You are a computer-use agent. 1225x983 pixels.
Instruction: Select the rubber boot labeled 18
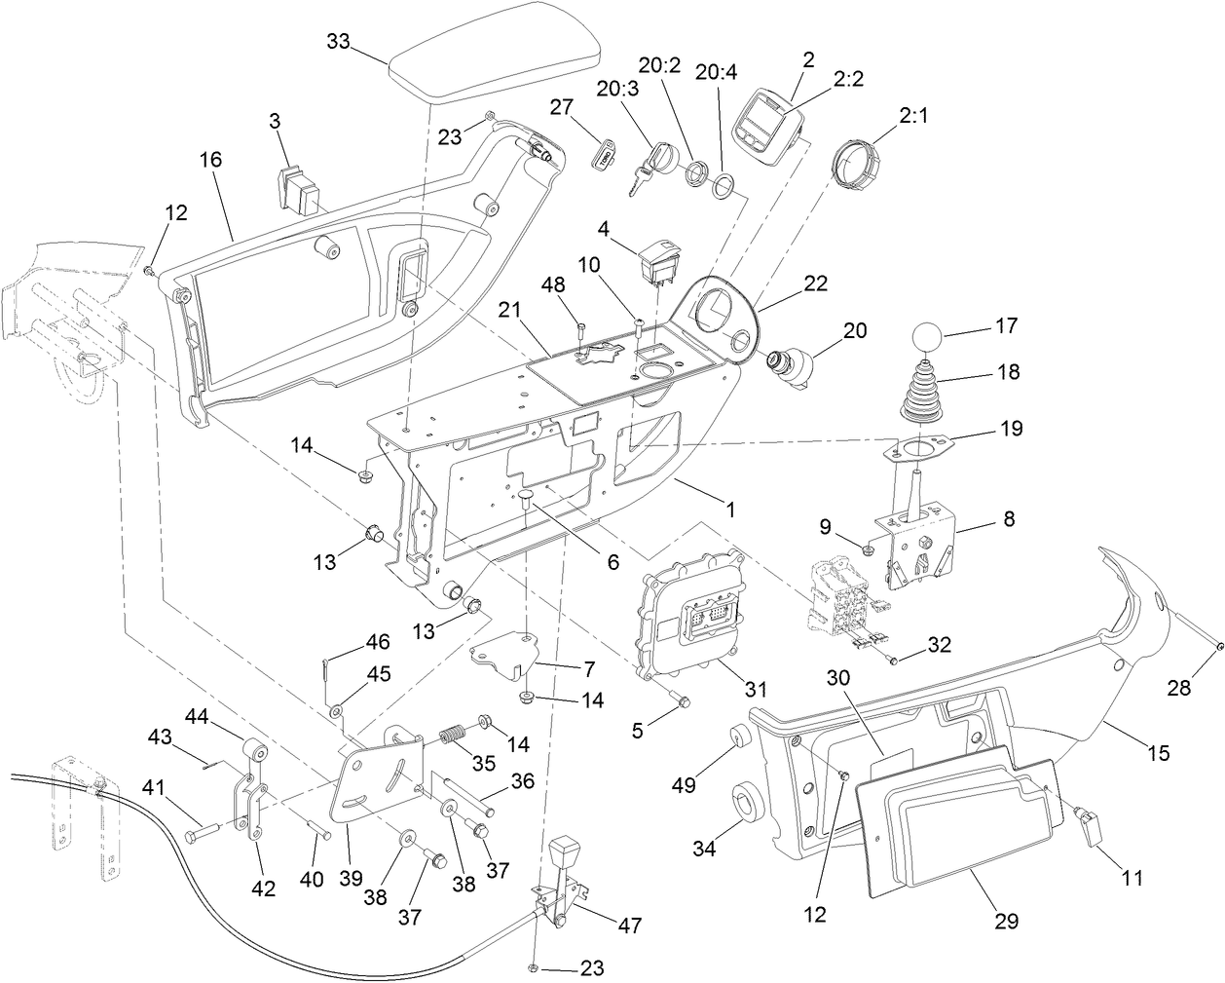[x=920, y=395]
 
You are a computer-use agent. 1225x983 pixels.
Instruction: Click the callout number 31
[x=757, y=689]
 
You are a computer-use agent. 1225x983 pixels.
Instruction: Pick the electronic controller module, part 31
[x=689, y=614]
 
